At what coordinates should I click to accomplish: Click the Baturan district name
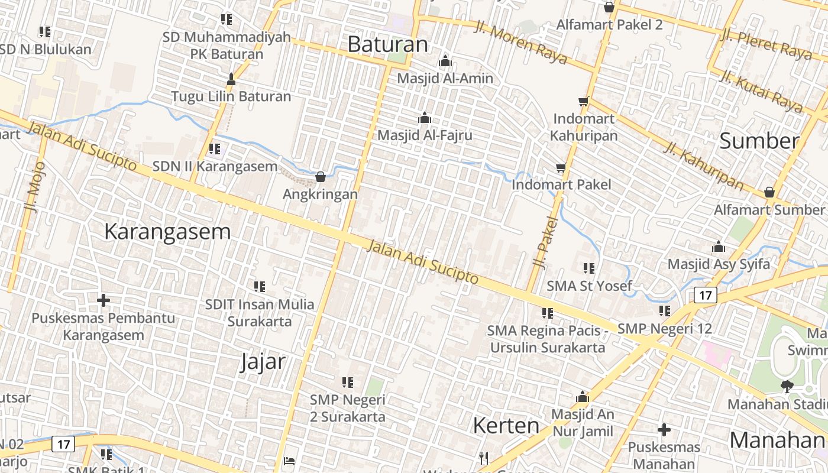(387, 44)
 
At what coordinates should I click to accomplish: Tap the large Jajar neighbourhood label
(263, 361)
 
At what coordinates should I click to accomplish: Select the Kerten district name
(506, 426)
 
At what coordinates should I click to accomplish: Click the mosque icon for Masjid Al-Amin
(445, 61)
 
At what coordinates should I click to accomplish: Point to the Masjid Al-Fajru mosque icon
(424, 118)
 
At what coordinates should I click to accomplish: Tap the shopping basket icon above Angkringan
(321, 177)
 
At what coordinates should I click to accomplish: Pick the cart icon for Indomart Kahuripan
(584, 102)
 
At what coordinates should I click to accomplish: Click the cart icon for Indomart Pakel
(561, 168)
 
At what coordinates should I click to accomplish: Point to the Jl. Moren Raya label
(520, 43)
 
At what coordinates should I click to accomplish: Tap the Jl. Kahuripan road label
(703, 166)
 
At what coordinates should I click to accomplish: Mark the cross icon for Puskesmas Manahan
(664, 430)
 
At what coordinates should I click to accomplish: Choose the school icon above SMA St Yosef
(589, 268)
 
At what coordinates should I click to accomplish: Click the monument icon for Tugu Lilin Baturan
(231, 79)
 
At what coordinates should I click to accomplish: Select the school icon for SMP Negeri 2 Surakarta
(348, 383)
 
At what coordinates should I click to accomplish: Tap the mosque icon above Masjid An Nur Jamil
(583, 397)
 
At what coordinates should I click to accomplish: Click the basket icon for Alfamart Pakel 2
(609, 8)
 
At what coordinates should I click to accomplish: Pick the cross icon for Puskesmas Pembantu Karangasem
(103, 300)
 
